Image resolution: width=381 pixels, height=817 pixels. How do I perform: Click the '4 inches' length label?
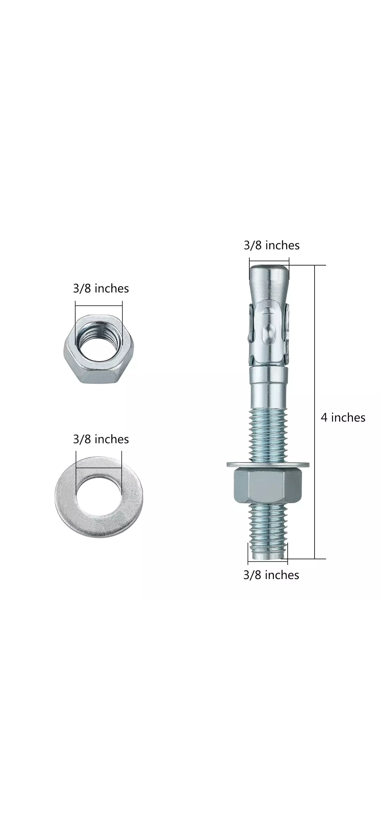(x=343, y=417)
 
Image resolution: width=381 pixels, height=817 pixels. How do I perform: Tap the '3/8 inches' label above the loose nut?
(x=101, y=288)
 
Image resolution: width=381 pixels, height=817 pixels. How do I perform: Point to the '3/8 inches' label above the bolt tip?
(x=272, y=245)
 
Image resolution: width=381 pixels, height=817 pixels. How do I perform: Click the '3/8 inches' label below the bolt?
(x=271, y=575)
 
